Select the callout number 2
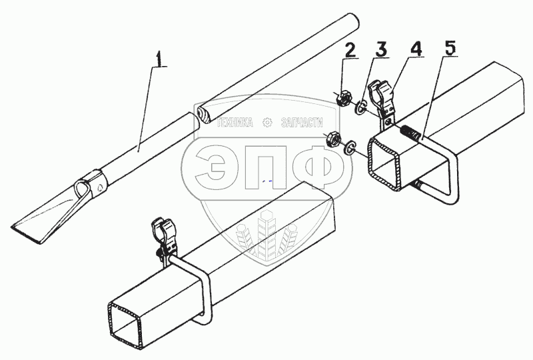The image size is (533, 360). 350,51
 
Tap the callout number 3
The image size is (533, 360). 381,50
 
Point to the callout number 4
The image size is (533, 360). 416,49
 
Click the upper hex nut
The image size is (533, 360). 343,97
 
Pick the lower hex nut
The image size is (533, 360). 332,139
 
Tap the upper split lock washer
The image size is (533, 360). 360,107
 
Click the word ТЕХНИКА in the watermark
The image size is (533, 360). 236,123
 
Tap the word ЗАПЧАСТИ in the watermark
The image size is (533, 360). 302,123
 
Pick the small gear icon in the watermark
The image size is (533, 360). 268,123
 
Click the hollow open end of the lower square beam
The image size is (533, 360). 126,321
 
